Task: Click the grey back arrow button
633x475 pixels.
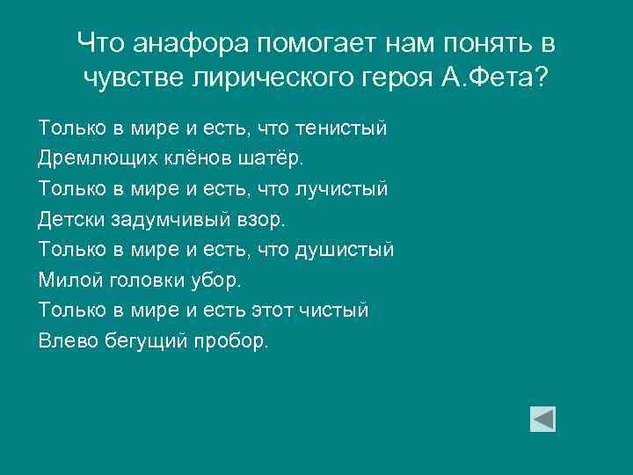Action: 542,419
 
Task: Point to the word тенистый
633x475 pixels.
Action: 343,128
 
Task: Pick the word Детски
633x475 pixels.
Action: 67,219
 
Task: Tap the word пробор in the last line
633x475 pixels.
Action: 231,340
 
